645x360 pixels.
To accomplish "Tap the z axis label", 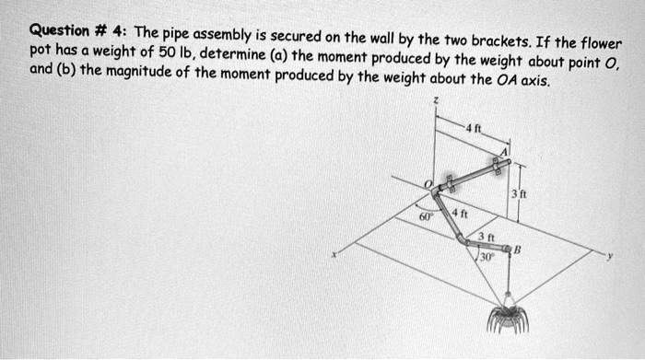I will tap(437, 99).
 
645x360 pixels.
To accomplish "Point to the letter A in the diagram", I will tap(503, 151).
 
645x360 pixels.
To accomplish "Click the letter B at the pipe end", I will tap(518, 248).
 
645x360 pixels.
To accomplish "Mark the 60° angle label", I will tap(421, 217).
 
